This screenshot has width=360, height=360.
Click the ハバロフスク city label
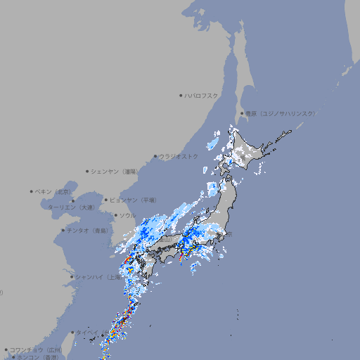coord(201,95)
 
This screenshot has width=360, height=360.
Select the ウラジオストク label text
coord(179,156)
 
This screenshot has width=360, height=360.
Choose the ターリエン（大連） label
coord(71,208)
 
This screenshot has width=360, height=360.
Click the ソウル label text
coord(127,215)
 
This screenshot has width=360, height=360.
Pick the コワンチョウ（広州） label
coord(36,349)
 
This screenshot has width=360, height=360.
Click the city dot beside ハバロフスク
coord(181,95)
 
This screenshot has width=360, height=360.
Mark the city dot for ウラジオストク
coord(155,156)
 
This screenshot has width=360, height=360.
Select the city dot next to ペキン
coord(32,191)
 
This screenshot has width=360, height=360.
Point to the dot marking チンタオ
coord(63,230)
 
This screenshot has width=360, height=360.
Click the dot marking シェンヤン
coord(88,171)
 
